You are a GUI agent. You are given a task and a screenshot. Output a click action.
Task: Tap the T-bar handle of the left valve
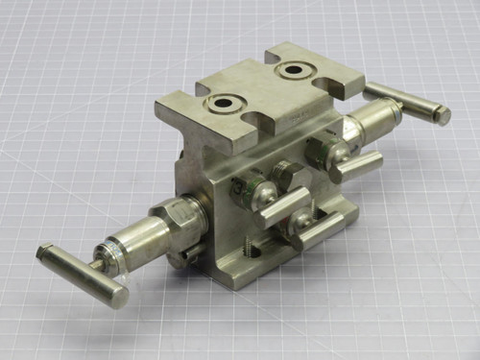(x=81, y=274)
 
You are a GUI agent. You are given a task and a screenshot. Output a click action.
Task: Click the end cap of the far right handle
(x=443, y=115)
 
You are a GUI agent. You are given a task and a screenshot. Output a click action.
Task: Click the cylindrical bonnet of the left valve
(x=141, y=236)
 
